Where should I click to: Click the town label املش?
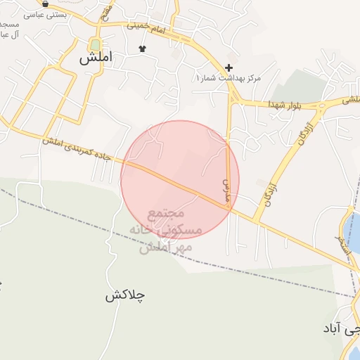click(x=94, y=59)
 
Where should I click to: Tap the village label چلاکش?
click(x=125, y=295)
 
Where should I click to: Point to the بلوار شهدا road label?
click(x=284, y=104)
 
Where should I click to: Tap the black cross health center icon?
click(x=229, y=67)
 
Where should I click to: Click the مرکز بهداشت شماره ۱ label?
click(x=228, y=77)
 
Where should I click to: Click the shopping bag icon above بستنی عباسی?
click(x=45, y=4)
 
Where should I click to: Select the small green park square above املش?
click(x=94, y=44)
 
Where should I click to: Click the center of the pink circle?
click(x=180, y=180)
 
